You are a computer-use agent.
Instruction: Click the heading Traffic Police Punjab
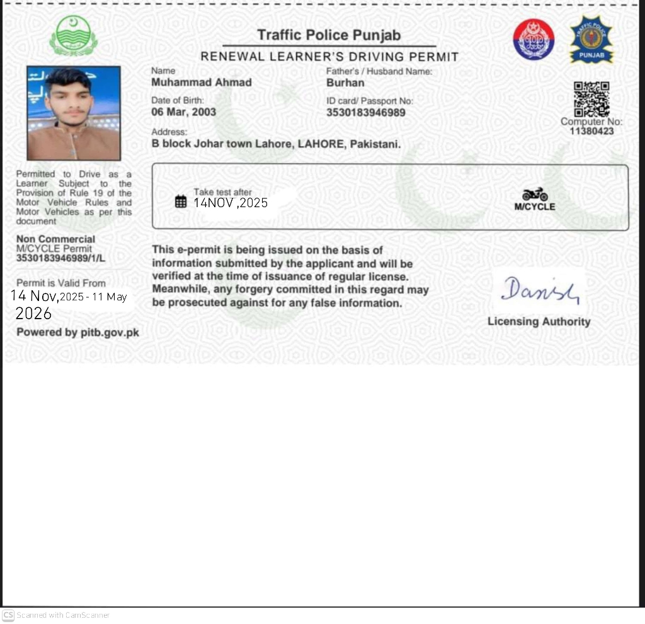coord(329,35)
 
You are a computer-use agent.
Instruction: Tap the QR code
coord(591,99)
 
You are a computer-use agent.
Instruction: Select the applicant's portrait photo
coord(74,113)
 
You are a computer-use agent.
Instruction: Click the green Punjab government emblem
coord(74,36)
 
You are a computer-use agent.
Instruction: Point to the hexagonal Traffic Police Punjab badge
coord(591,40)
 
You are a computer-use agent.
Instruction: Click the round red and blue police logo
coord(533,39)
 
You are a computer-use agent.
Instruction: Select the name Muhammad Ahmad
coord(202,82)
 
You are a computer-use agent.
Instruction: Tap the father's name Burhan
coord(345,82)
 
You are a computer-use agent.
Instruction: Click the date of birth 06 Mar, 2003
coord(183,112)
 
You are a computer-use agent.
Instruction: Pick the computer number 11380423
coord(591,132)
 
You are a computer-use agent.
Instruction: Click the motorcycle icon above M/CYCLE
coord(535,194)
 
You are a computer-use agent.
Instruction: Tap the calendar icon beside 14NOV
coord(181,201)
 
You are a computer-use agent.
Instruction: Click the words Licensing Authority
coord(539,322)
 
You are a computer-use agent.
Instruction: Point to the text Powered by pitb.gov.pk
coord(77,332)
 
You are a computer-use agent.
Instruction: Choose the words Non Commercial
coord(55,239)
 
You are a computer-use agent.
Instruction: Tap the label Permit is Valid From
coord(60,283)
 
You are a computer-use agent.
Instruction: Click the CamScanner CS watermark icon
coord(8,615)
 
